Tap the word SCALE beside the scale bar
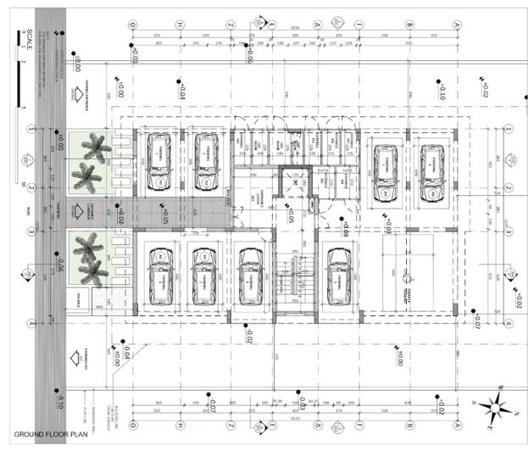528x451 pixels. tap(30, 38)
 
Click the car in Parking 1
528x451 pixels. tap(158, 160)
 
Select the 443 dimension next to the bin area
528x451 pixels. tap(99, 306)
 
